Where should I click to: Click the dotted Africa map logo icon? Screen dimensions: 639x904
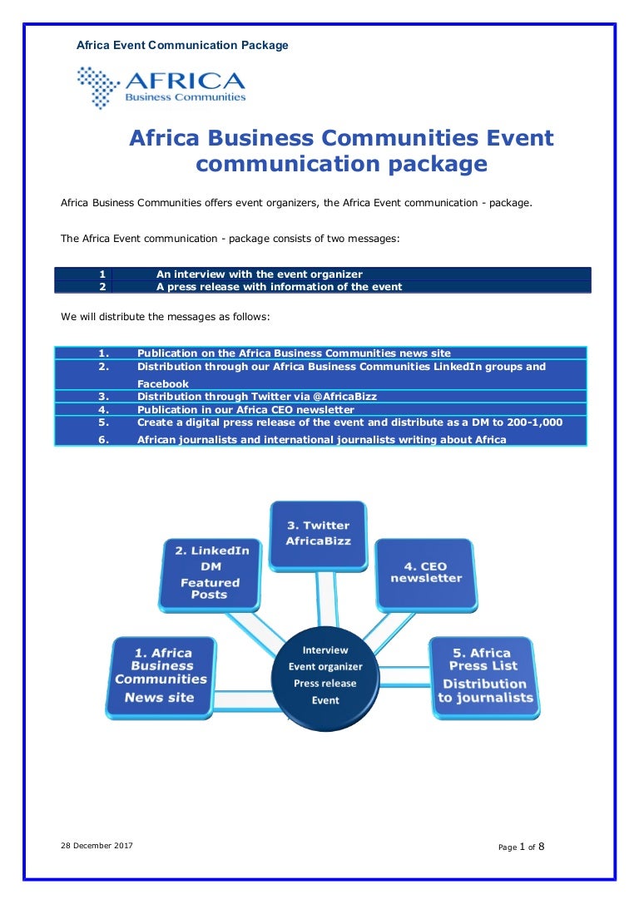[98, 87]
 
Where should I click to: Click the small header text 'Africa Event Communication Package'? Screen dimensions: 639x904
[182, 45]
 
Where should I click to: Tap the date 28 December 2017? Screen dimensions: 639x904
[97, 846]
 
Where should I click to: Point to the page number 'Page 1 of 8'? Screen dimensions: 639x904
[522, 847]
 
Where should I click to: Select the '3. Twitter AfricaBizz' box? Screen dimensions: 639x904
[319, 536]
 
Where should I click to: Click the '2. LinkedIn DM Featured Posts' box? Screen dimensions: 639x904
[210, 574]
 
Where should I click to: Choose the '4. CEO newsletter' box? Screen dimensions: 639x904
[426, 575]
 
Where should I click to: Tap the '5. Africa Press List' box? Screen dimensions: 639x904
[484, 678]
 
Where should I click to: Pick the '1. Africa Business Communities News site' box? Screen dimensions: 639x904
[161, 678]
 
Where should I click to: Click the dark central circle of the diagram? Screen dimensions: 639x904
[325, 679]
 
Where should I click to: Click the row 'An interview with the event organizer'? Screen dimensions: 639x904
[323, 274]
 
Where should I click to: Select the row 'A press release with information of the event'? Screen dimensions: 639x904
[323, 287]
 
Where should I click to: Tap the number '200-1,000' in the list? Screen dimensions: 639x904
[535, 422]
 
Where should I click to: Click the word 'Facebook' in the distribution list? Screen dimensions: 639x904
[162, 384]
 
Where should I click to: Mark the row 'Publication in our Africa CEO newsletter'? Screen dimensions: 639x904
[320, 409]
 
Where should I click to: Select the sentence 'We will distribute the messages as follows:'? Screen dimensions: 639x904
[165, 317]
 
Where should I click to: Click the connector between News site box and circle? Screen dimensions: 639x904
[245, 699]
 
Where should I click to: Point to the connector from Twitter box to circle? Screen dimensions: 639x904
[326, 600]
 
